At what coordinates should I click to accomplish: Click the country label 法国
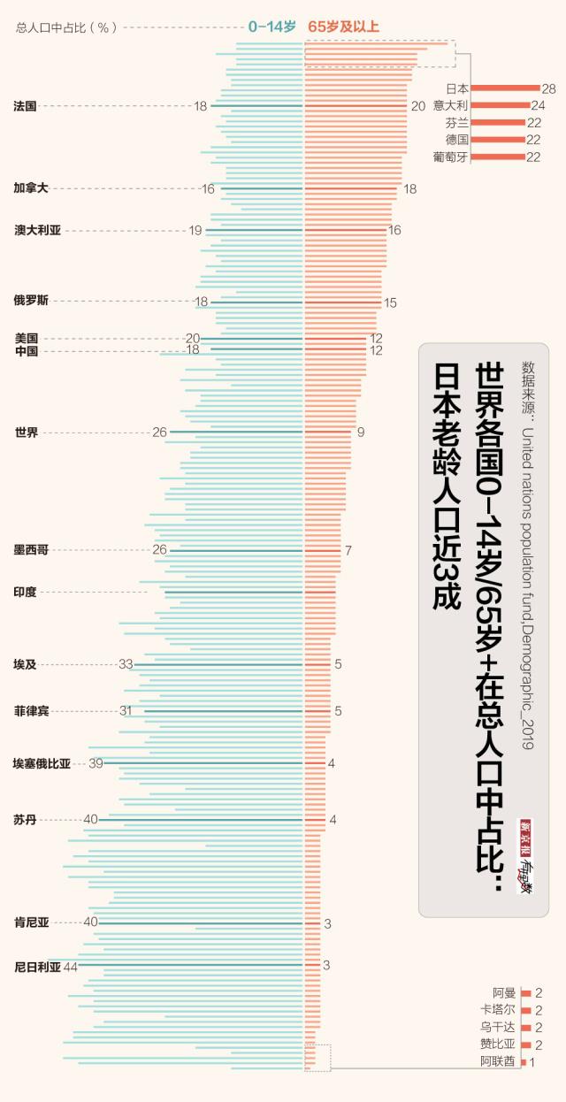pyautogui.click(x=25, y=106)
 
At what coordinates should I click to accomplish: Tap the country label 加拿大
pyautogui.click(x=31, y=188)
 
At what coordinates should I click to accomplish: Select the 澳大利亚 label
pyautogui.click(x=37, y=230)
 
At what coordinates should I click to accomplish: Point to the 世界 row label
pyautogui.click(x=27, y=432)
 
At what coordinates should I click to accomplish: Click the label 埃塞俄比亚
pyautogui.click(x=42, y=763)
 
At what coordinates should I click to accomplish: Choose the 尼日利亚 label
pyautogui.click(x=37, y=967)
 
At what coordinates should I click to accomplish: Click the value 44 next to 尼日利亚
pyautogui.click(x=71, y=967)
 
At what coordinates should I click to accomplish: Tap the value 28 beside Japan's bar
pyautogui.click(x=548, y=88)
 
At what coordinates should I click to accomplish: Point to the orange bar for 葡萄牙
pyautogui.click(x=498, y=157)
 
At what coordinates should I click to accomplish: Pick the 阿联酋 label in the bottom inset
pyautogui.click(x=497, y=1061)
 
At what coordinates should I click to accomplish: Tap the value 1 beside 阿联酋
pyautogui.click(x=532, y=1062)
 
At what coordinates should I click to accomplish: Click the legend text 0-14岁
pyautogui.click(x=272, y=27)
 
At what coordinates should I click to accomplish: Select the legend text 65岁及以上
pyautogui.click(x=344, y=27)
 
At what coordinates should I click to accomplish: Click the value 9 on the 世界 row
pyautogui.click(x=361, y=432)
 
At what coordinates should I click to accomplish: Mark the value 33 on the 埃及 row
pyautogui.click(x=126, y=664)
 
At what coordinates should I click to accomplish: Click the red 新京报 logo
pyautogui.click(x=525, y=832)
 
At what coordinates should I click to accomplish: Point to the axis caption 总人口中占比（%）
pyautogui.click(x=66, y=27)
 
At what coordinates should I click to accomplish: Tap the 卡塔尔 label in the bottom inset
pyautogui.click(x=497, y=1010)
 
